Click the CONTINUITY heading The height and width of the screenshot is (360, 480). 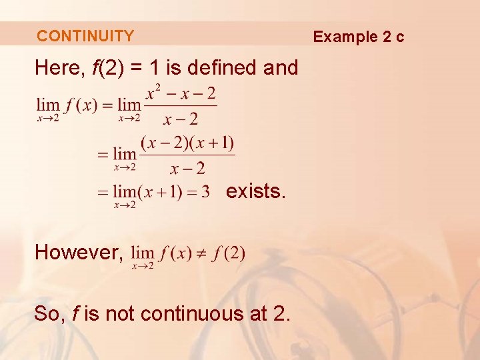(85, 36)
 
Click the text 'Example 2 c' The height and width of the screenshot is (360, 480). (359, 36)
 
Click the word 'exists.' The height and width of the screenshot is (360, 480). (256, 191)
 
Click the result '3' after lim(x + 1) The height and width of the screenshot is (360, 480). (205, 192)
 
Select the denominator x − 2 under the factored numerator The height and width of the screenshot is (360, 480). (187, 168)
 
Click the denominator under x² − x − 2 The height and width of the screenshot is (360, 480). (181, 119)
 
